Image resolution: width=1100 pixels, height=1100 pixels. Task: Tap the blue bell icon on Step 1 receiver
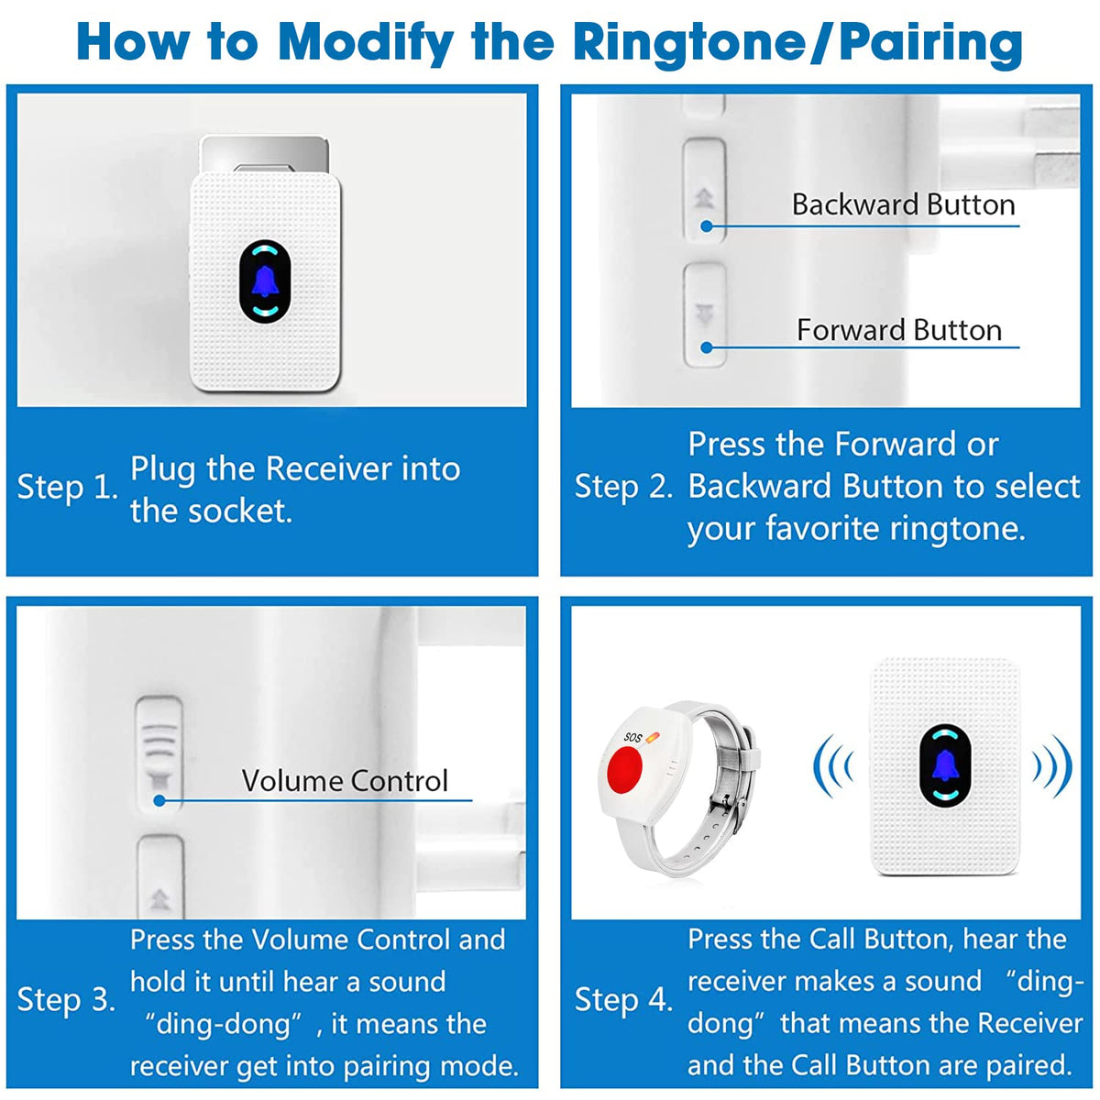(x=265, y=281)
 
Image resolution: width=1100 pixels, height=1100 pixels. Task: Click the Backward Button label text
(x=903, y=204)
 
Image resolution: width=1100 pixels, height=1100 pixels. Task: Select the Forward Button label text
(x=898, y=330)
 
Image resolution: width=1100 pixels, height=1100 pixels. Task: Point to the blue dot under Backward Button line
(x=706, y=225)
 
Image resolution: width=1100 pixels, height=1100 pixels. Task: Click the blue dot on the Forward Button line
(x=706, y=347)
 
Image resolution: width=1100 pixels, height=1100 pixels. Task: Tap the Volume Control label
(x=345, y=781)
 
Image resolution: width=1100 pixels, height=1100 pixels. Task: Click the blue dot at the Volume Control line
(x=159, y=800)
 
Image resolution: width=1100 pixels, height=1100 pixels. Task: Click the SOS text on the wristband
(x=632, y=737)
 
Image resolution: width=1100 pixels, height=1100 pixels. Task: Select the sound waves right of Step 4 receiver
(x=1053, y=764)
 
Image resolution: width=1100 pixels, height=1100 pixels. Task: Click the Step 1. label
(x=67, y=487)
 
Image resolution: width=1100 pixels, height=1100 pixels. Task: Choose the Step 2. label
(x=623, y=487)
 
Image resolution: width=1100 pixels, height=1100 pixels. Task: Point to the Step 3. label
(x=66, y=999)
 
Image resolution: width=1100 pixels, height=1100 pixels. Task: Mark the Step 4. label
(x=623, y=999)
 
